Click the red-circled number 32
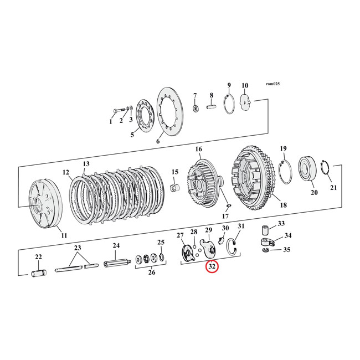[x=212, y=267]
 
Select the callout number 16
[x=198, y=150]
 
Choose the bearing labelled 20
[x=306, y=168]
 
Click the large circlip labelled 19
[x=286, y=171]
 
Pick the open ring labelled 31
[x=236, y=249]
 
